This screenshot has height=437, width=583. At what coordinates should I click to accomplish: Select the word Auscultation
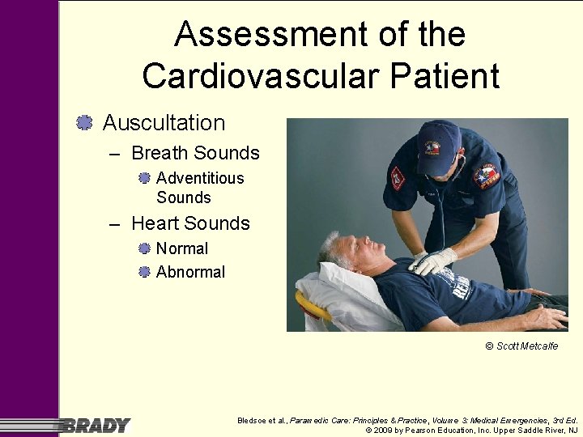click(164, 123)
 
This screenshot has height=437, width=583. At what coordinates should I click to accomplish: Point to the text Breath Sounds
click(195, 153)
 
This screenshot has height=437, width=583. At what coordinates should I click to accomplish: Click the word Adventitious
click(200, 178)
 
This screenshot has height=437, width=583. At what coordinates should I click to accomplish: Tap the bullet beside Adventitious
click(144, 178)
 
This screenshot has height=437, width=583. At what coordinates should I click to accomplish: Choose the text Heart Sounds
click(190, 223)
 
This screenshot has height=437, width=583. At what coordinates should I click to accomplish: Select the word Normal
click(182, 248)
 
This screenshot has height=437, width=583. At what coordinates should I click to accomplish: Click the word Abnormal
click(190, 272)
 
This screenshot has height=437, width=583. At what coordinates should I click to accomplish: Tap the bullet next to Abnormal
click(144, 272)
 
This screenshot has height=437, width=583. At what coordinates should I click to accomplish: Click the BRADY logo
click(97, 425)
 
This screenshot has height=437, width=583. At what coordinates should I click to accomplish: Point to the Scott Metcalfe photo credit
click(521, 346)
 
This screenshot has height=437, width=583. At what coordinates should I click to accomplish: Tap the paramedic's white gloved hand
click(434, 261)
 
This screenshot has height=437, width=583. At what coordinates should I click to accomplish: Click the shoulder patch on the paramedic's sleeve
click(487, 175)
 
